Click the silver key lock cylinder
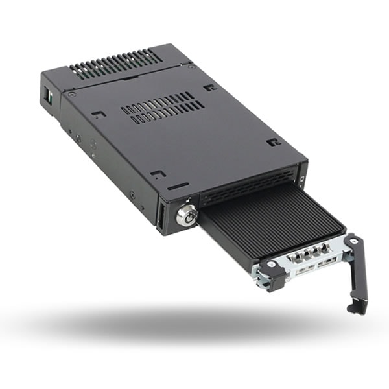[x=186, y=215]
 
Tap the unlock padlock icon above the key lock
[x=189, y=201]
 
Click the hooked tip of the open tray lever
[x=355, y=307]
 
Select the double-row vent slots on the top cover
[x=162, y=108]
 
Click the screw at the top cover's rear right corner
[x=190, y=67]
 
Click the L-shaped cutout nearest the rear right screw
[x=209, y=87]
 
